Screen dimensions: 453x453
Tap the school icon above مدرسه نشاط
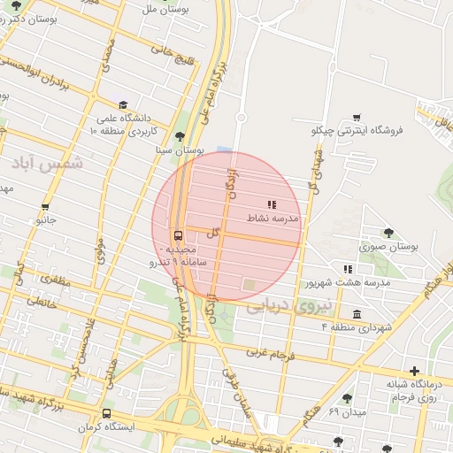[271, 205]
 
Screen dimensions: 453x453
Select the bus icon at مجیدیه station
[179, 235]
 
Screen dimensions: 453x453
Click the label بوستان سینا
[181, 151]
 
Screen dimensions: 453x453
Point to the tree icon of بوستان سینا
[181, 136]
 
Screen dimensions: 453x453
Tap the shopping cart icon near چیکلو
[357, 117]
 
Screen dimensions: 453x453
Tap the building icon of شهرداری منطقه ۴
[357, 314]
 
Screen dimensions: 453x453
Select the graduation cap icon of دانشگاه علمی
[123, 104]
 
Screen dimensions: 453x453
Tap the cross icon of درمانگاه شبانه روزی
[414, 371]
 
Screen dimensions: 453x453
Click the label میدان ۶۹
[346, 412]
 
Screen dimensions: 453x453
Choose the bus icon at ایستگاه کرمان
[107, 413]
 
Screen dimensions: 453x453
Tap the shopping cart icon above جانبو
[45, 206]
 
